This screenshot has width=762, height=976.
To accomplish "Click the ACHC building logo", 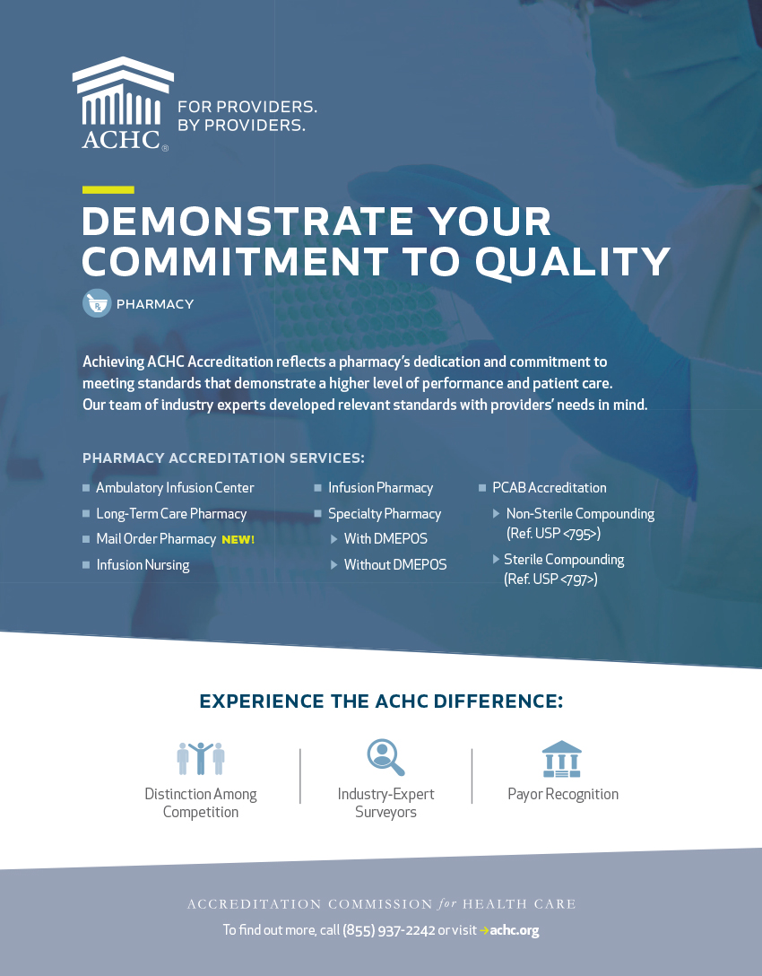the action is (123, 103).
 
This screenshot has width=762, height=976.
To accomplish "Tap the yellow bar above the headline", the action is (108, 190).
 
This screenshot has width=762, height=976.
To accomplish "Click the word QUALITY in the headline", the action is (573, 261).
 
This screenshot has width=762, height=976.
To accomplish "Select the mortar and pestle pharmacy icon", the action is (97, 303).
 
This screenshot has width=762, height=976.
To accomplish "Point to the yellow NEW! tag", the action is (238, 540).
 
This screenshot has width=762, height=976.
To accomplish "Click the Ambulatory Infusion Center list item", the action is (175, 487).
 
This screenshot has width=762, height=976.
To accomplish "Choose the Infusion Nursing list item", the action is (143, 564).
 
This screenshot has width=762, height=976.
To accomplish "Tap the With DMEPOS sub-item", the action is (385, 538).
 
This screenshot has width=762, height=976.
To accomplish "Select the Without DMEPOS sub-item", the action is (395, 564).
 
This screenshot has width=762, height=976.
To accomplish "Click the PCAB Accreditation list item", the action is (550, 487).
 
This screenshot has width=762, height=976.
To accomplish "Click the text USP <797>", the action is (564, 579).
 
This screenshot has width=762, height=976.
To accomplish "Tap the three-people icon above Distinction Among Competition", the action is (200, 758).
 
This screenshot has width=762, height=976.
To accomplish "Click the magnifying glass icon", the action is (385, 757).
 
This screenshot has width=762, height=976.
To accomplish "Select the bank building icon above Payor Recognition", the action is (562, 759).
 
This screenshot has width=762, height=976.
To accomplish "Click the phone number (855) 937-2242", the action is (389, 930).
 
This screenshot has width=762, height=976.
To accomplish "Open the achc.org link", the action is (515, 930).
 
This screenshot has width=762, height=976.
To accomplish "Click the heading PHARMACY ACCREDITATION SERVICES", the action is (223, 458).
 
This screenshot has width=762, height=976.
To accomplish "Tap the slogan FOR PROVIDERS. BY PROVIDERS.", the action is (247, 116).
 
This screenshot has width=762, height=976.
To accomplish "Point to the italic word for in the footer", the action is (447, 903).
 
